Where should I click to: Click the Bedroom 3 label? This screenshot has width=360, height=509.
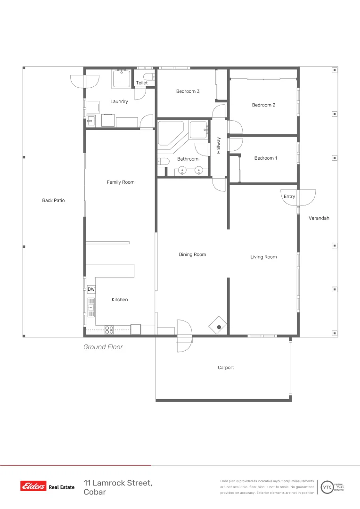(188, 91)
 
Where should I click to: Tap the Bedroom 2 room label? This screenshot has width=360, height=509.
(263, 105)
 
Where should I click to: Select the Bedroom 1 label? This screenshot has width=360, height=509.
(266, 158)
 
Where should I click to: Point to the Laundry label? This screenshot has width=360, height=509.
(119, 101)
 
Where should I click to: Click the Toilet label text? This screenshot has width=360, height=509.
(142, 83)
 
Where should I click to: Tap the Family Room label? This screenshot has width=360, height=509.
(121, 182)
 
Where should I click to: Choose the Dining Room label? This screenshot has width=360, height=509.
(192, 254)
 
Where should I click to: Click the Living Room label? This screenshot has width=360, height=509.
(263, 257)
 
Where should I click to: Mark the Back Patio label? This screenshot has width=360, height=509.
(53, 200)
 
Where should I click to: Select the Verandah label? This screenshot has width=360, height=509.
(319, 218)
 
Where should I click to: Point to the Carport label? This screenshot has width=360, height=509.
(226, 368)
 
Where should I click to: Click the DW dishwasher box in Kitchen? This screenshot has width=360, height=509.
(91, 289)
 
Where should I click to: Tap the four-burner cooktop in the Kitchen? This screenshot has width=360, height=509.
(109, 330)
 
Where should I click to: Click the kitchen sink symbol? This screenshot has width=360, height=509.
(91, 307)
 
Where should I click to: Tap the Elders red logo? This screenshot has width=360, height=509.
(33, 486)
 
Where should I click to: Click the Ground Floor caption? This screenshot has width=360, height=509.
(103, 347)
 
